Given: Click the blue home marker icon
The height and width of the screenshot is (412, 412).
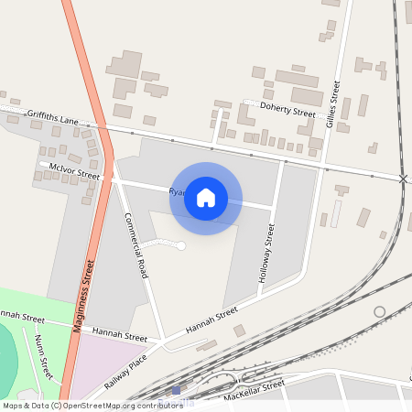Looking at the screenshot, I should point(206,197).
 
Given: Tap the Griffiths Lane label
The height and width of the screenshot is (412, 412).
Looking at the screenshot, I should point(52,114).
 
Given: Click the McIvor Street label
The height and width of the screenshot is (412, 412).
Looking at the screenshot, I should point(75,172).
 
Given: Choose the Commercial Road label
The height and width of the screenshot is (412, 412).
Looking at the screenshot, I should point(136,244).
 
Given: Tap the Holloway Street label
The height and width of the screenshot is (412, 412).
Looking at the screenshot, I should point(267,252).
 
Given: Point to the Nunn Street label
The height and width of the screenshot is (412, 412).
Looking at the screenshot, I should point(42,352).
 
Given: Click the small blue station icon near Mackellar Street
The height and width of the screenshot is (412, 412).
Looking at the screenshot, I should point(177,391).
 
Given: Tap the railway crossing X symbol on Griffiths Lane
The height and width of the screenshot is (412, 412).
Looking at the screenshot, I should point(403,178).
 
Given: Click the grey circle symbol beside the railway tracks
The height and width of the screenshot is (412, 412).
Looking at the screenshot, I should point(379,311).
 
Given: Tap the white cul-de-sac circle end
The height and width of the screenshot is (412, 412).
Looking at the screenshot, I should point(181,245).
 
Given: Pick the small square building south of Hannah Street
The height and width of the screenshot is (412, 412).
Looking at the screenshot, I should point(239,331).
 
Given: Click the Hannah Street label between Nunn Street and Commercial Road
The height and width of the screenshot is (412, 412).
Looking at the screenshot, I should point(114,336).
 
